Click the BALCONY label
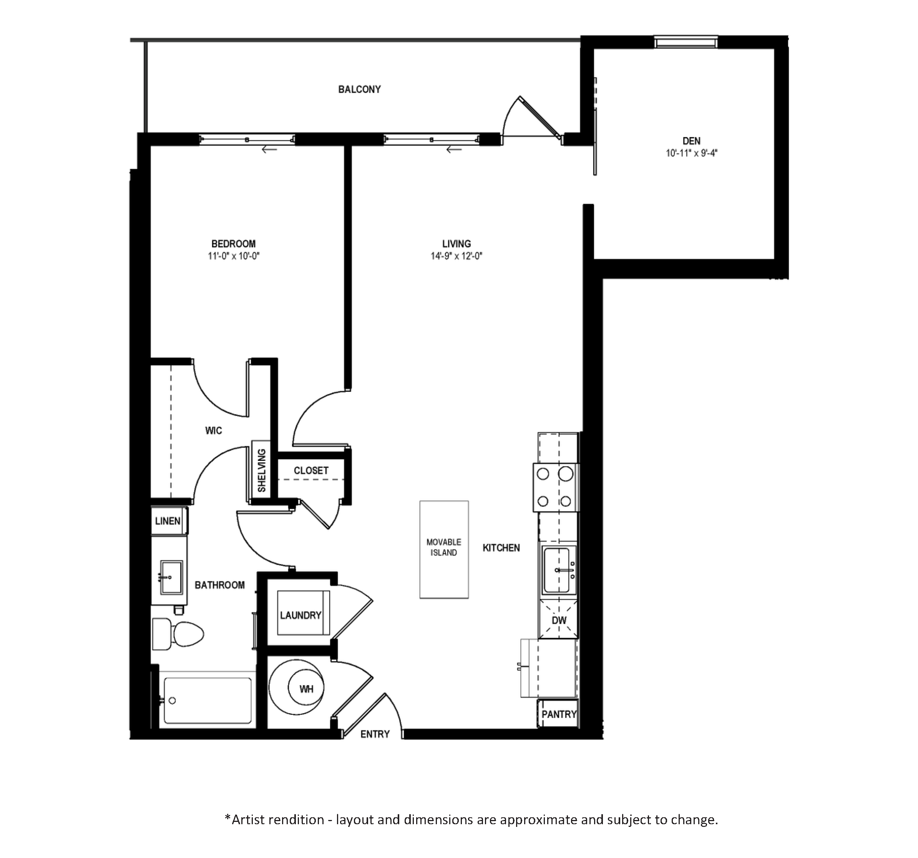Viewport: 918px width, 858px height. point(359,89)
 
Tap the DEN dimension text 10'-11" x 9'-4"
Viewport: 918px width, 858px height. point(691,153)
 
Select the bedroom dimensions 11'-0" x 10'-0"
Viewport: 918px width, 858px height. point(234,256)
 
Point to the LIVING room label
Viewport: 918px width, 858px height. point(456,244)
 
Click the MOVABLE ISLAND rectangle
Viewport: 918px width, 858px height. point(444,550)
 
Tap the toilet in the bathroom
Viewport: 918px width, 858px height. point(178,634)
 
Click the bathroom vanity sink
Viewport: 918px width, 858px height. point(171,577)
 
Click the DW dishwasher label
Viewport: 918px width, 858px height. point(559,620)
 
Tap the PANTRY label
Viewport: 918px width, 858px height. point(559,714)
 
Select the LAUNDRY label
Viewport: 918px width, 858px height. point(300,615)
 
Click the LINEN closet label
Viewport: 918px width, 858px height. point(168,521)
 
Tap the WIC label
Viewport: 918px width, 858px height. point(213,431)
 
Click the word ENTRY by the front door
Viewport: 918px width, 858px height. point(375,734)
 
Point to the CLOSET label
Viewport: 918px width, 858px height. point(311,471)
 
